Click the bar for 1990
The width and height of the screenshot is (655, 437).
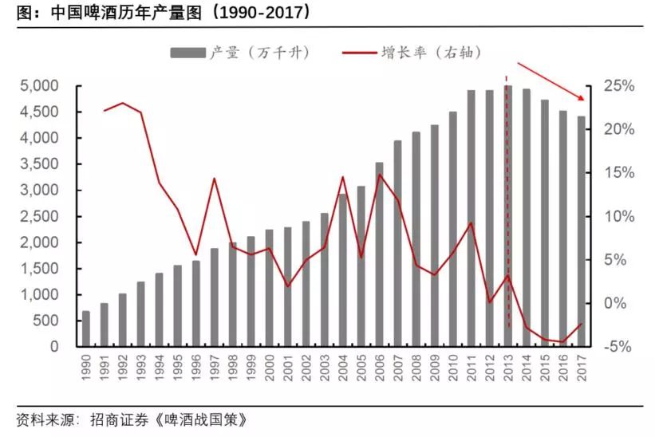point(86,329)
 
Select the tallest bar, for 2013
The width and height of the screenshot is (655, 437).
point(507,215)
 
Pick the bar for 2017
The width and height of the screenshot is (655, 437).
point(580,231)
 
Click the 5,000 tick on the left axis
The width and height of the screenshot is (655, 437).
point(39,86)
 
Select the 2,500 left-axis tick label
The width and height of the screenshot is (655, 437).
point(39,217)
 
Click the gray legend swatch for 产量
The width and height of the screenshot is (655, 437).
point(187,53)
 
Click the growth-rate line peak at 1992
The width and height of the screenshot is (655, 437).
point(123,103)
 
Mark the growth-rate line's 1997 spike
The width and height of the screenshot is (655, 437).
point(215,178)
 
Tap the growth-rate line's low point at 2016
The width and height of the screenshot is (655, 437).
point(562,342)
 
